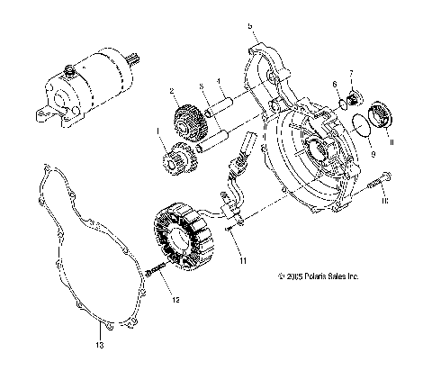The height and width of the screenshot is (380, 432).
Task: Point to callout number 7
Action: (x=351, y=72)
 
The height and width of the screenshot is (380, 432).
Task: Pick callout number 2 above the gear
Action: (x=170, y=91)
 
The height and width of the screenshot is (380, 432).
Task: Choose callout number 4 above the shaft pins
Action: (x=218, y=81)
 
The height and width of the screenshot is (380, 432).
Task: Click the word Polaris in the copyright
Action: (x=318, y=276)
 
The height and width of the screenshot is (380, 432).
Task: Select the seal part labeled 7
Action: (x=353, y=94)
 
